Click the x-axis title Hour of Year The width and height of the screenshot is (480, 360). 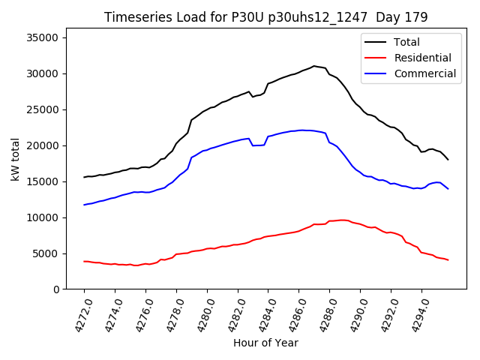pyautogui.click(x=265, y=343)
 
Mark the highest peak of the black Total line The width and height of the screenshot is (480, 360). pyautogui.click(x=314, y=66)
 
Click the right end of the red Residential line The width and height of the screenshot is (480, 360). pyautogui.click(x=448, y=260)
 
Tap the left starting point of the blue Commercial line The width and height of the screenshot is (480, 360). pyautogui.click(x=84, y=205)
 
